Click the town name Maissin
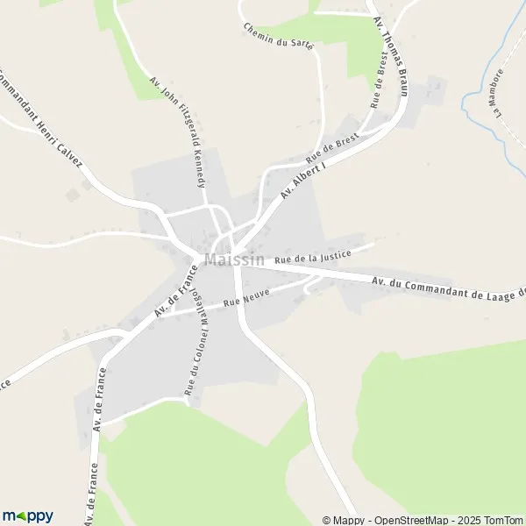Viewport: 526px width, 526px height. [234, 260]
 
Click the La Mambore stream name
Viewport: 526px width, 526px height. [499, 93]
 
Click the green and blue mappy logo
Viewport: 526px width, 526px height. [27, 516]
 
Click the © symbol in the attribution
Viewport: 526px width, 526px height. [327, 520]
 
